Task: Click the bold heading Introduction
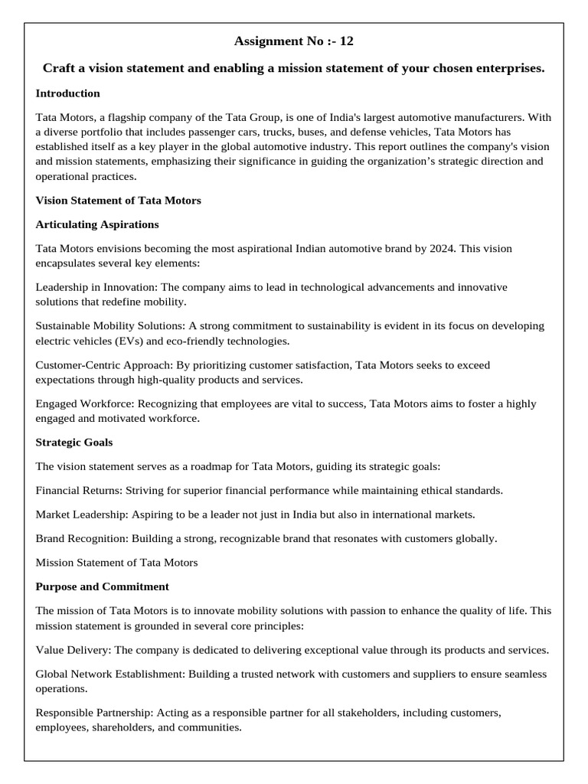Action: (67, 93)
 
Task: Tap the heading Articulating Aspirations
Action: (97, 224)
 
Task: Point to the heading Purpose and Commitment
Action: (103, 586)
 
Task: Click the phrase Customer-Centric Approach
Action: (102, 365)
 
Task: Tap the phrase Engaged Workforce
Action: (81, 404)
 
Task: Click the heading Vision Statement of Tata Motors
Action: (118, 201)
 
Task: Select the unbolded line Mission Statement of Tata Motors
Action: (116, 563)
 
